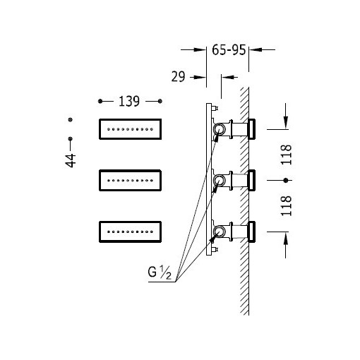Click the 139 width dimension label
click(129, 102)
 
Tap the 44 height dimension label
click(71, 161)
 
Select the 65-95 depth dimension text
click(229, 50)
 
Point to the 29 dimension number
click(178, 77)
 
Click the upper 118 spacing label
click(286, 155)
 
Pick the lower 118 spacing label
click(286, 206)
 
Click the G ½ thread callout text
click(160, 272)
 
